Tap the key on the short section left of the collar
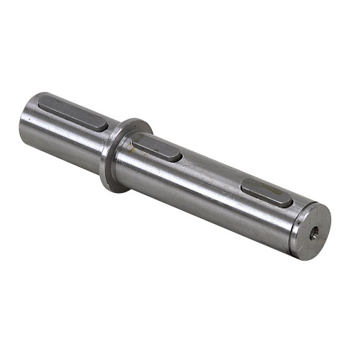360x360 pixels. [x=73, y=114]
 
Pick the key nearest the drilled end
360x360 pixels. [x=266, y=192]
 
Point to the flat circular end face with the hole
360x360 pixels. [x=310, y=230]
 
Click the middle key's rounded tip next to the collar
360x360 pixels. [x=136, y=141]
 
